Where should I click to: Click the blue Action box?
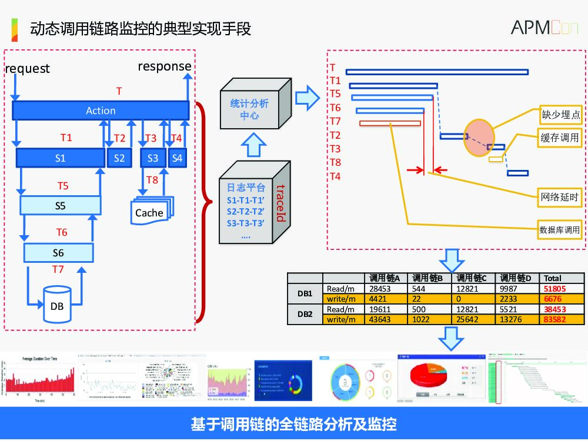click(x=101, y=111)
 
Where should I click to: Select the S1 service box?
click(x=59, y=158)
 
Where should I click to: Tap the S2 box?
click(x=119, y=158)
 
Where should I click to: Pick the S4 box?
click(x=177, y=158)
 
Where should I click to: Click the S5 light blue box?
click(x=59, y=206)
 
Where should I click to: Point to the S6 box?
click(x=58, y=253)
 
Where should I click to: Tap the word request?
click(x=28, y=69)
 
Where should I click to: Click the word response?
click(x=165, y=66)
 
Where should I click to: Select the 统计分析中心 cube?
click(x=249, y=110)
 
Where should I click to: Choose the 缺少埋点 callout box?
click(x=560, y=115)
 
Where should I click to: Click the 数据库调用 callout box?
click(x=559, y=230)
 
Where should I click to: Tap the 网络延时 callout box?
click(x=560, y=198)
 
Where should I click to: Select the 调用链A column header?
click(x=385, y=278)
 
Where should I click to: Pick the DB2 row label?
click(x=305, y=314)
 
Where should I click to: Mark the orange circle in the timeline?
click(x=479, y=138)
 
